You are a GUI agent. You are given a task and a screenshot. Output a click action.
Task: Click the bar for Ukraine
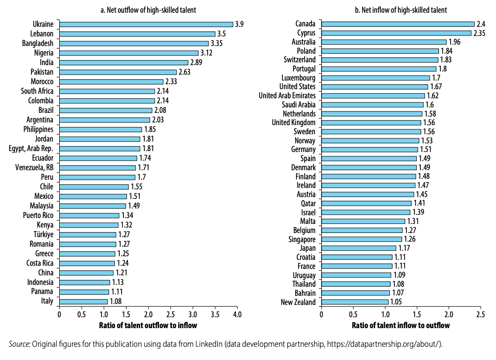coord(146,24)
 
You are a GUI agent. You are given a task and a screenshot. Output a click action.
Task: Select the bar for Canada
coord(398,24)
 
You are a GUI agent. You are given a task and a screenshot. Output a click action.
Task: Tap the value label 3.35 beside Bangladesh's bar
coord(218,43)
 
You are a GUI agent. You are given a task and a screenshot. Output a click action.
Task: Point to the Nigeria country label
coord(44,53)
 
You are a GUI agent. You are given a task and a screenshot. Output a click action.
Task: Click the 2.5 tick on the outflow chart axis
coord(170,314)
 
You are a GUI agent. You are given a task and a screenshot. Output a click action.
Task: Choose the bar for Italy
coord(83,301)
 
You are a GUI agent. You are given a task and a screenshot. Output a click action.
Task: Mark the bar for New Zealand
coord(355,302)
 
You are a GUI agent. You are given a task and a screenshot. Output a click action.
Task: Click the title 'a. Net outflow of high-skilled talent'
coord(148,10)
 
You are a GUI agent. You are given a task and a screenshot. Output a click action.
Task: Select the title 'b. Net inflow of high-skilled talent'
coord(401,10)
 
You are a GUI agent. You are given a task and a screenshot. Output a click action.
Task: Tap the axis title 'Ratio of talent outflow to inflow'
coord(148,325)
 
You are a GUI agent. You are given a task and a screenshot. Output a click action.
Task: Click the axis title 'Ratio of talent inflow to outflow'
coord(401,325)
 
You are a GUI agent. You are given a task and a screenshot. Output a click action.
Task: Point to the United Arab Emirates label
coord(287,96)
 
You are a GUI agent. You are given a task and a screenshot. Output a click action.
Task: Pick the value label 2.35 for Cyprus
coord(481,33)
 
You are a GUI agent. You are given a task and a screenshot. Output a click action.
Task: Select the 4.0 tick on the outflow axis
coord(237,314)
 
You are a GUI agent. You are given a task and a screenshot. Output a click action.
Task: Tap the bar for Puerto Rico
coord(89,215)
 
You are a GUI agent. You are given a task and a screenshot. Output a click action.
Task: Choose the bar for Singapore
coord(362,239)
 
